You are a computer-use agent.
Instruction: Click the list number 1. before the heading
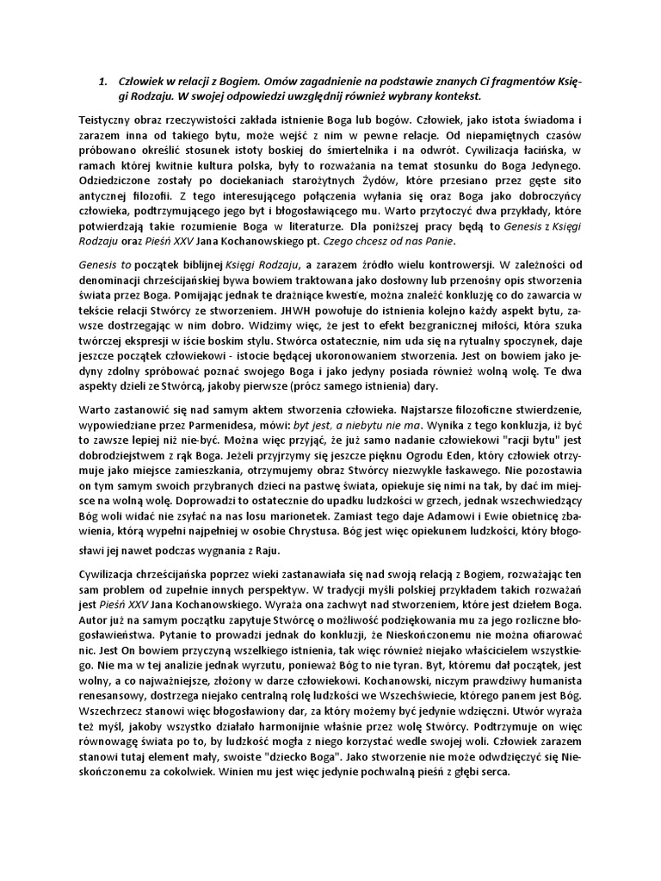click(102, 82)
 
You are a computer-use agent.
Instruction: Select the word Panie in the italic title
click(434, 242)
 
